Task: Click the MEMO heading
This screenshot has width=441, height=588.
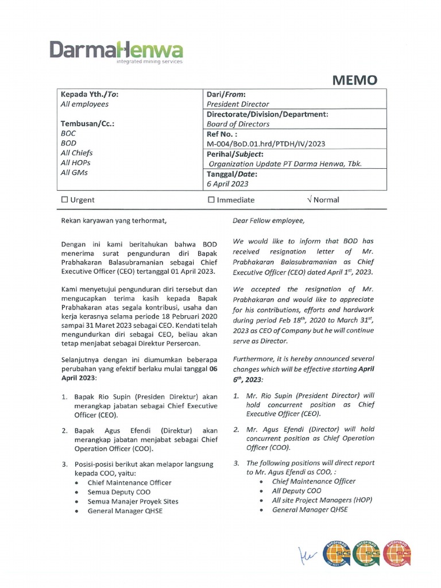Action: pyautogui.click(x=355, y=80)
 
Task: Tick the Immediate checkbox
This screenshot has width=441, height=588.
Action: pyautogui.click(x=211, y=200)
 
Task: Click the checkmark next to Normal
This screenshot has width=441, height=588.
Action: pyautogui.click(x=310, y=200)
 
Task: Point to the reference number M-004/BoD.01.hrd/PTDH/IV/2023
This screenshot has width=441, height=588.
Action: pyautogui.click(x=266, y=144)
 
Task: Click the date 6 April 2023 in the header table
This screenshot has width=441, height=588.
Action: pyautogui.click(x=227, y=184)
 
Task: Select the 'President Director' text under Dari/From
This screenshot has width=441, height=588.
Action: pyautogui.click(x=238, y=104)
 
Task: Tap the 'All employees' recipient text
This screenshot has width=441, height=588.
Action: pyautogui.click(x=84, y=104)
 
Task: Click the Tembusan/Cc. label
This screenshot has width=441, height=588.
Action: pyautogui.click(x=88, y=123)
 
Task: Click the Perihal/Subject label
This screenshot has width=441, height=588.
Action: pyautogui.click(x=235, y=154)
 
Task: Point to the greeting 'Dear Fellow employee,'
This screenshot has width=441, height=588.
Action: pyautogui.click(x=268, y=220)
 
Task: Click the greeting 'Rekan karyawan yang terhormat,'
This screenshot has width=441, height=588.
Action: pyautogui.click(x=113, y=220)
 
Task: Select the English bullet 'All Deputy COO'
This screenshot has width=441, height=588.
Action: pyautogui.click(x=296, y=491)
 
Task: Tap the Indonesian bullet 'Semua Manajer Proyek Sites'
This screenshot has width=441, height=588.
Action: pyautogui.click(x=133, y=501)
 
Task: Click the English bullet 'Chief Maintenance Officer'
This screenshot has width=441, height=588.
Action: pyautogui.click(x=314, y=481)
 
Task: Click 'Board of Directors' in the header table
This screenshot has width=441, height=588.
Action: pyautogui.click(x=238, y=123)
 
